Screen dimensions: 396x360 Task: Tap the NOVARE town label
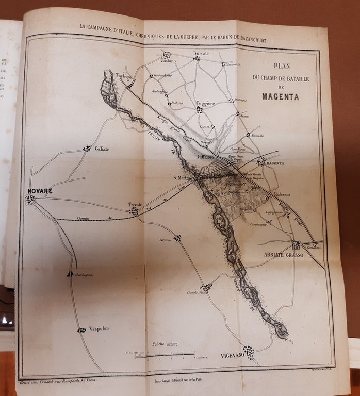coord(40,191)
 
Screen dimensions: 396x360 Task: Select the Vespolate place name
coord(99,328)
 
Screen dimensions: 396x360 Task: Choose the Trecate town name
coord(135,205)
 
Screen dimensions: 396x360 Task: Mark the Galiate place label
coord(102,148)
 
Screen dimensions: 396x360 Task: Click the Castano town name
coord(168,61)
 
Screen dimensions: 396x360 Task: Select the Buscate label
coord(201,52)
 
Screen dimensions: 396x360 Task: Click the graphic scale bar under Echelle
coord(165,354)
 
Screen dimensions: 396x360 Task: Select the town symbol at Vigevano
coord(249,353)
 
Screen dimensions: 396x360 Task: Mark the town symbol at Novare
coord(30,199)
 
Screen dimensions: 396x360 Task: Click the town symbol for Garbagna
coord(70,274)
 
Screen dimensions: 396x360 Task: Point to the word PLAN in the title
coord(278,66)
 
